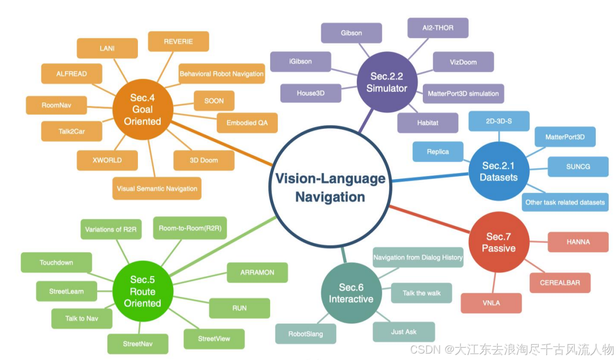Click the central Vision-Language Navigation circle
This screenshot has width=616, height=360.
coord(330,187)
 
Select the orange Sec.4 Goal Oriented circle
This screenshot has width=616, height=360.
coord(142,109)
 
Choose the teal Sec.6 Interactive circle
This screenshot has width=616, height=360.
coord(351,293)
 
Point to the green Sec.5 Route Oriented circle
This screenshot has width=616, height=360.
coord(142,291)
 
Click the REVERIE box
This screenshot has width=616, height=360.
coord(178,41)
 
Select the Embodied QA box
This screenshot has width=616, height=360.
coord(247,123)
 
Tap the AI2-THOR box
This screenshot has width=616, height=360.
coord(438,28)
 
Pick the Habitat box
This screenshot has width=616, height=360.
coord(427,123)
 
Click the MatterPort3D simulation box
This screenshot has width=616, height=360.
coord(463,93)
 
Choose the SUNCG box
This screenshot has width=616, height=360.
coord(578,167)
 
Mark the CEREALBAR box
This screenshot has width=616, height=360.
coord(560,283)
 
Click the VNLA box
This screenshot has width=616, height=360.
coord(491,303)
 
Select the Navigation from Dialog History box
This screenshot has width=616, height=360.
coord(418,257)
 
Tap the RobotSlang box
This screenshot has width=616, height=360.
coord(306,334)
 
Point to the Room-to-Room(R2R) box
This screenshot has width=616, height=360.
coord(190,228)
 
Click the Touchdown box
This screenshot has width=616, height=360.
coord(56,262)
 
